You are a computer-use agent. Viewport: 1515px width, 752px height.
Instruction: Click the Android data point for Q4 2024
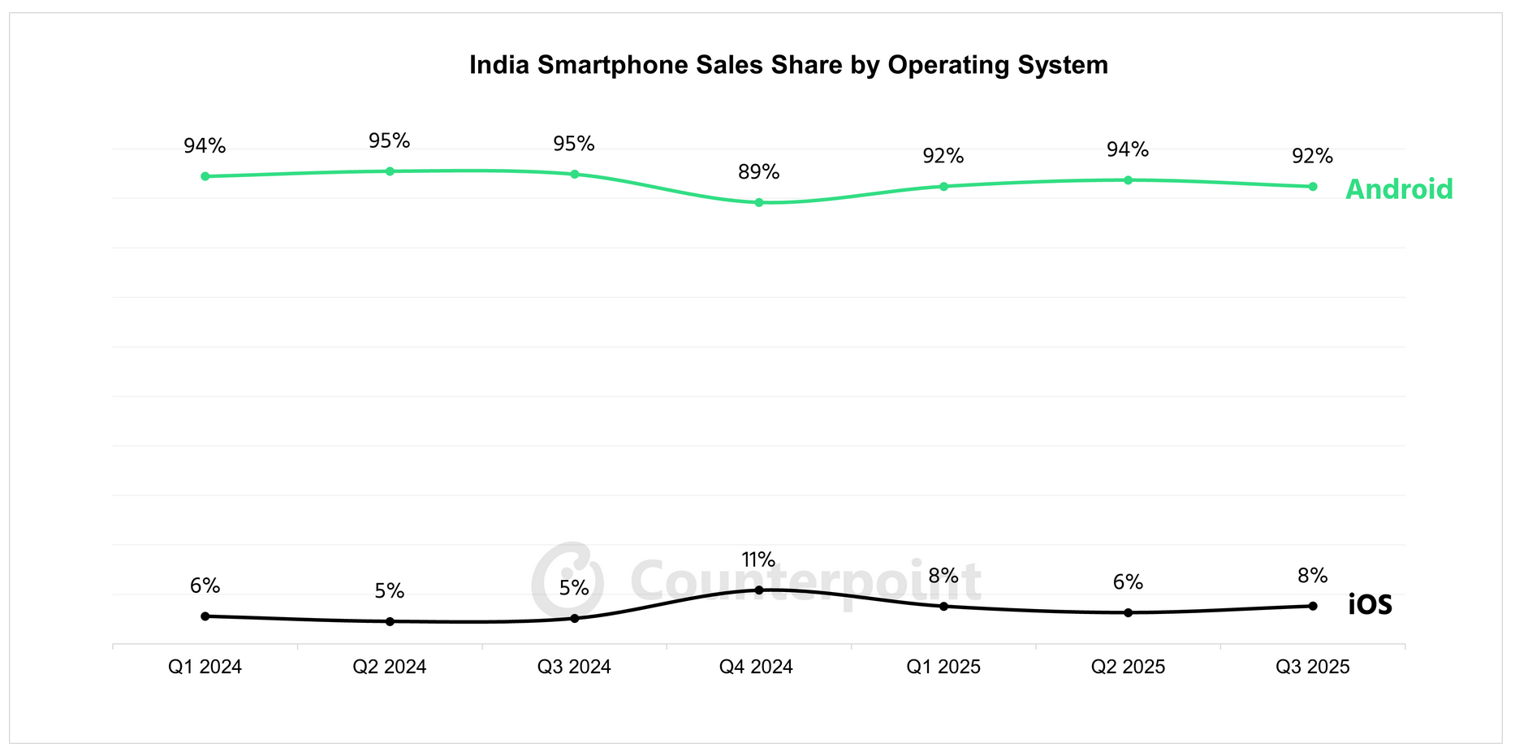coord(759,202)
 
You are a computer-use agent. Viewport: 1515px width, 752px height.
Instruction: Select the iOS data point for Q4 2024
coord(759,590)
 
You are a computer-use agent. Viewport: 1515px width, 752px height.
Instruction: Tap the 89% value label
coord(759,172)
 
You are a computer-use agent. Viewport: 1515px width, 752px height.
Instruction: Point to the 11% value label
coord(758,560)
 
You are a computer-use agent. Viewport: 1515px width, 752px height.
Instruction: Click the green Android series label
coord(1399,189)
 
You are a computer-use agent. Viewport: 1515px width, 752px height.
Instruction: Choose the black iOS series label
coord(1370,605)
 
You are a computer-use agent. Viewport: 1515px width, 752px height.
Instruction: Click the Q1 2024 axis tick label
coord(205,668)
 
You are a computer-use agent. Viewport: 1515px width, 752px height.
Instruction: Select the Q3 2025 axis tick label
coord(1312,668)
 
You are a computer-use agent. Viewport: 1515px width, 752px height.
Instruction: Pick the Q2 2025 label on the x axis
coord(1128,668)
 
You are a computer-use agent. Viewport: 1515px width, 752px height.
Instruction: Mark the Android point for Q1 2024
coord(205,176)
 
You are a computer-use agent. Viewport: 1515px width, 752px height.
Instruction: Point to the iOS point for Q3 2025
coord(1313,606)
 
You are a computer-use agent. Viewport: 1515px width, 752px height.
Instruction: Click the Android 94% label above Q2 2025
coord(1128,150)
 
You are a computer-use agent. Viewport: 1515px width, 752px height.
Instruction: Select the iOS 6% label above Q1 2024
coord(205,586)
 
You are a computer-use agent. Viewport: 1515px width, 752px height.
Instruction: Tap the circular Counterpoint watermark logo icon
coord(567,580)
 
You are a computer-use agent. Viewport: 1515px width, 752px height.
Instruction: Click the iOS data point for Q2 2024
coord(390,621)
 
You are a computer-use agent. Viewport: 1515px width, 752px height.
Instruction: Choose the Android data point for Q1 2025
coord(943,186)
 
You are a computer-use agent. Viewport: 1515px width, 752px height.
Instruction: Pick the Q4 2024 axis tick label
coord(756,668)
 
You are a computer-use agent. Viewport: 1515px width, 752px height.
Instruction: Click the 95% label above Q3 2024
coord(574,145)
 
